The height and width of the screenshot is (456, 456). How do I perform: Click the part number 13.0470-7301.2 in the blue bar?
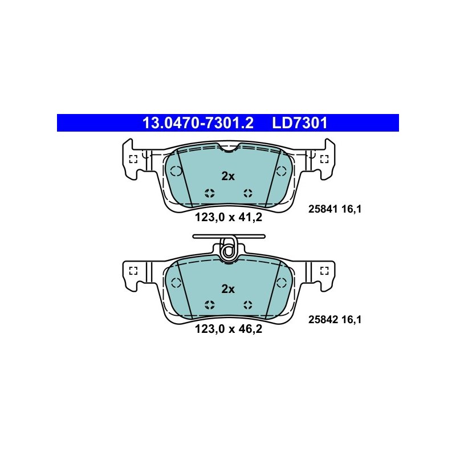[x=198, y=123]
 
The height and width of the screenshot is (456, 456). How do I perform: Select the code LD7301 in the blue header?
[x=300, y=123]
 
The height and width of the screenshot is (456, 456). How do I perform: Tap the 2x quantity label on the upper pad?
[x=228, y=176]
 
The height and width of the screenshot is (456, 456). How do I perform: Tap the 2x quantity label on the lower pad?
[x=228, y=289]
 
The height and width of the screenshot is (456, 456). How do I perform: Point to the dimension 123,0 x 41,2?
[x=229, y=218]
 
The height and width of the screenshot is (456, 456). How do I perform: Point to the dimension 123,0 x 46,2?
[x=229, y=329]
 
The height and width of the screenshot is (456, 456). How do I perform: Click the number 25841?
[x=323, y=209]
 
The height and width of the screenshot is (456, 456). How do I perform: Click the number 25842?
[x=323, y=320]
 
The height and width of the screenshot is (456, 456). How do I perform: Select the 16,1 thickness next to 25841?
[x=351, y=209]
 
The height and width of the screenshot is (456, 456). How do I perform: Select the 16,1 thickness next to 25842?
[x=351, y=320]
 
